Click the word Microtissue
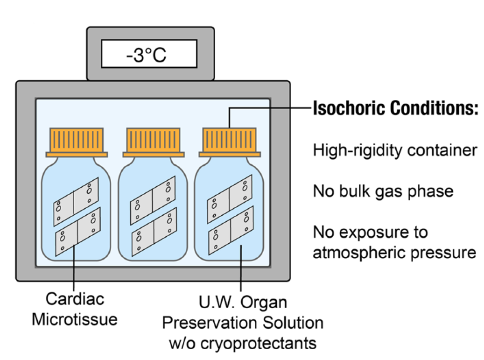coord(74,320)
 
